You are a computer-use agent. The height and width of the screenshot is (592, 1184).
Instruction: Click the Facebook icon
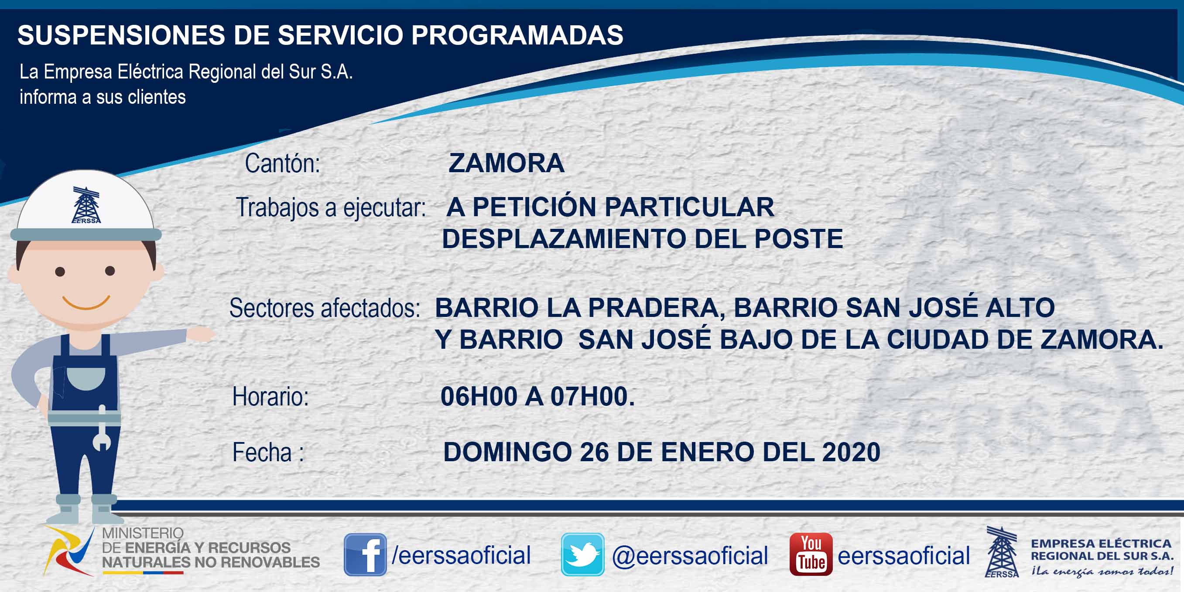pos(365,555)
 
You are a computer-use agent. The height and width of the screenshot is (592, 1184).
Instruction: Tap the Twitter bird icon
pos(582,555)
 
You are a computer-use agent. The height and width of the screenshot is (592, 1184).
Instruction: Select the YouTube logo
pos(811,555)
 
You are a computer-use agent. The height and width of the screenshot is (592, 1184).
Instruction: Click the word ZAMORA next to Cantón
pos(506,163)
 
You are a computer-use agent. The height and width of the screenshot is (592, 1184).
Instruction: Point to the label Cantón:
pos(282,163)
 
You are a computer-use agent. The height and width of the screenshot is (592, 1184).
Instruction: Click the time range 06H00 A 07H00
pos(537,396)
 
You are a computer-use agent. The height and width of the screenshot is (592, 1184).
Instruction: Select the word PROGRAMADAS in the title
pos(517,35)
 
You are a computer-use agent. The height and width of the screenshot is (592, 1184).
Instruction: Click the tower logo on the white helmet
pos(86,205)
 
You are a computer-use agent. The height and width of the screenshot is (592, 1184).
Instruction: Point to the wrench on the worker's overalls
pos(102,428)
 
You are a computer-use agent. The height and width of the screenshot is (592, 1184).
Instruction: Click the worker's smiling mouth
pos(86,303)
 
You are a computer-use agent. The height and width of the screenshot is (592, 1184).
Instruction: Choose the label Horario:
pos(270,396)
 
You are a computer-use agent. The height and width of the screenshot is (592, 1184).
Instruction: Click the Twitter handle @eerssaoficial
pos(690,556)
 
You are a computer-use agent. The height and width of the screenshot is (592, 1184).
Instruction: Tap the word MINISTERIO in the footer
pos(143,533)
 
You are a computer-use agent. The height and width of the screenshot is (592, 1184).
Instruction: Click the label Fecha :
pos(268,453)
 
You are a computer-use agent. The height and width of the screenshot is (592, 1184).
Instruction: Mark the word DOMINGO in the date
pos(507,452)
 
